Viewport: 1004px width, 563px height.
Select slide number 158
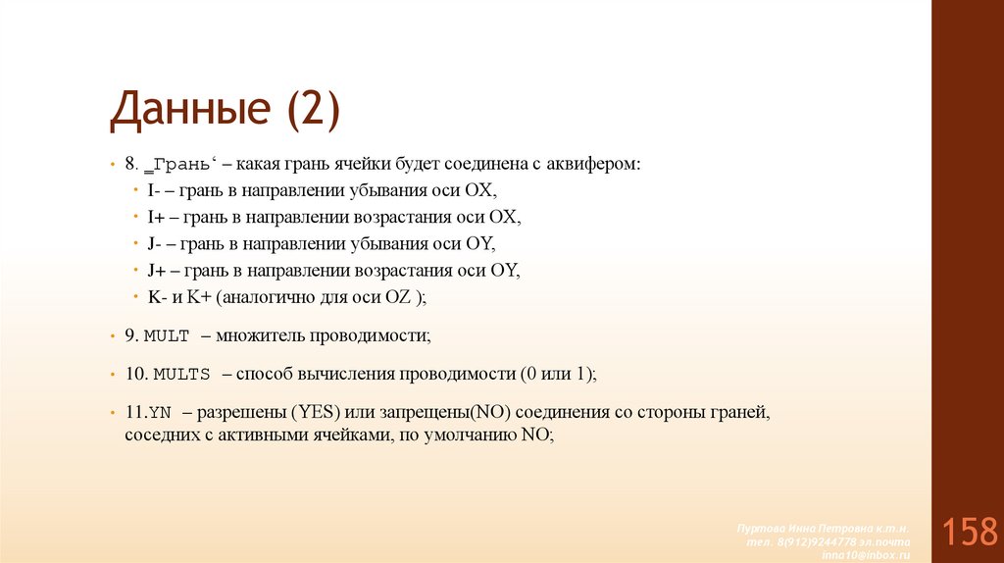point(969,533)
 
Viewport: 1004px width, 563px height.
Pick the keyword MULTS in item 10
point(182,375)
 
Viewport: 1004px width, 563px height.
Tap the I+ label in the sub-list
point(156,217)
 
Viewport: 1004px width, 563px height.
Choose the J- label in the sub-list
point(155,243)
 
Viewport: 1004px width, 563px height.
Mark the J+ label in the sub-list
point(157,271)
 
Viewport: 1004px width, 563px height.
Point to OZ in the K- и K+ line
point(399,297)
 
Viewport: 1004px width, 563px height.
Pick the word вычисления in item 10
point(341,375)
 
